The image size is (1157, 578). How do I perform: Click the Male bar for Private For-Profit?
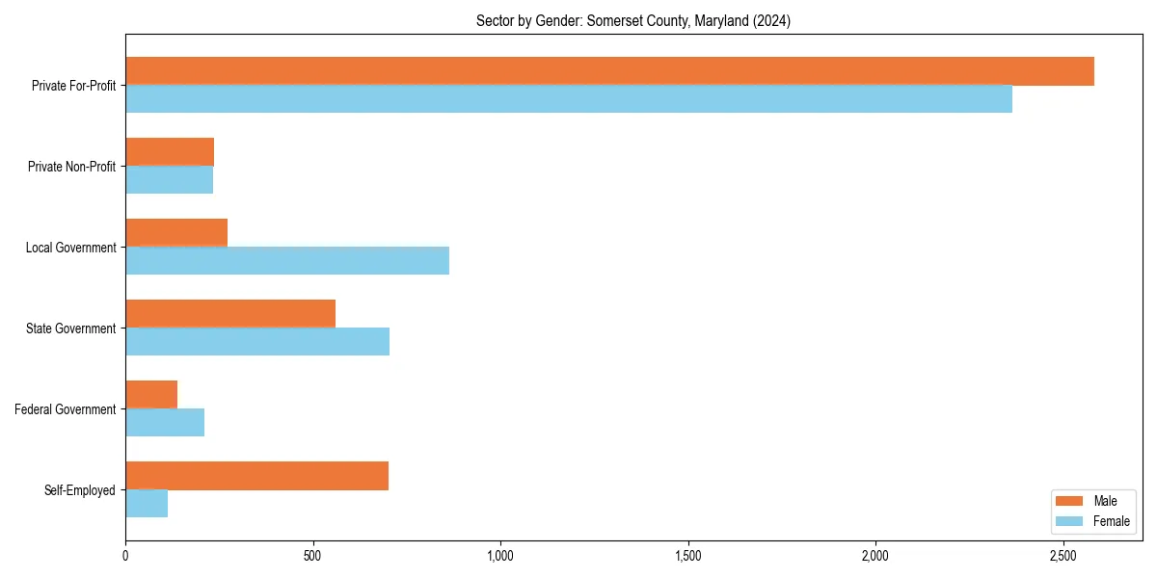click(609, 71)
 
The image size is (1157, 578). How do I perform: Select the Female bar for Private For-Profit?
click(569, 99)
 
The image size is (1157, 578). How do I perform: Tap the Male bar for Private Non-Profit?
click(170, 152)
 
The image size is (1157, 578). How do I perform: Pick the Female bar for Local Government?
click(287, 261)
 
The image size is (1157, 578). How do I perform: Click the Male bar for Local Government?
click(176, 233)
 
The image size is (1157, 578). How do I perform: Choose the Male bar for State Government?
click(230, 314)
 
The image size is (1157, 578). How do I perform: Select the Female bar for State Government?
click(257, 342)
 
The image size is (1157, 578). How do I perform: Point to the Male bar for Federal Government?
click(151, 395)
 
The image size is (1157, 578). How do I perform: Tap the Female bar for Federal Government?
click(165, 423)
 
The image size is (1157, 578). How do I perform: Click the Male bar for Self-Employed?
click(256, 476)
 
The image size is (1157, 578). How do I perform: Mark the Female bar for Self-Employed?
click(147, 504)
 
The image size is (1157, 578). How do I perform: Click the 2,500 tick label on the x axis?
click(1063, 556)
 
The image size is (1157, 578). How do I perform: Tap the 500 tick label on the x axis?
click(312, 556)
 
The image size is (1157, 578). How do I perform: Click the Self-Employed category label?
click(80, 490)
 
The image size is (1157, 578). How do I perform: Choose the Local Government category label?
click(70, 248)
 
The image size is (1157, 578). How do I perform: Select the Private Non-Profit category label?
click(71, 167)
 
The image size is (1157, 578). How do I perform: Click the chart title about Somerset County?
click(633, 21)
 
